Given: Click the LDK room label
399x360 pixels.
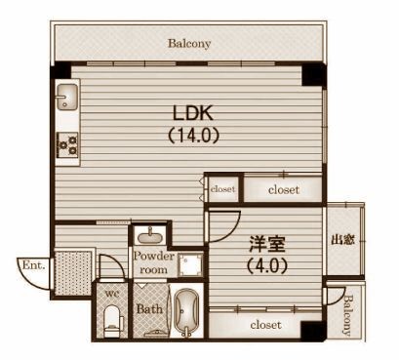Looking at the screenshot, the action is point(193,113).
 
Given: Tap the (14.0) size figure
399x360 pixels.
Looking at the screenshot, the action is point(193,135).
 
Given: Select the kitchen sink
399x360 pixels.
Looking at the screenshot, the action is point(67,97).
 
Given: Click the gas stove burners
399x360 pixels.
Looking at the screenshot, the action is point(67,145).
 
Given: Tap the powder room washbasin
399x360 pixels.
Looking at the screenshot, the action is point(150,236).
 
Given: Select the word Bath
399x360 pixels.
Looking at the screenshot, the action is point(149,309).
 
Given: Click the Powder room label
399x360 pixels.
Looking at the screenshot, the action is point(154,262).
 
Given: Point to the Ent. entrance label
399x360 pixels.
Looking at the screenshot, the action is point(33,265).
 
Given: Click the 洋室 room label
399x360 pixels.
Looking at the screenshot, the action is point(267,244).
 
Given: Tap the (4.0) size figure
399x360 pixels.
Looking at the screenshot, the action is point(267,265).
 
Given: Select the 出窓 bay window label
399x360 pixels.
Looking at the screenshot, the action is point(342,240).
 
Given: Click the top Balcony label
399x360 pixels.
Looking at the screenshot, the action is point(189,43).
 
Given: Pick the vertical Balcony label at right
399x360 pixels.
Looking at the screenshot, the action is point(347,315).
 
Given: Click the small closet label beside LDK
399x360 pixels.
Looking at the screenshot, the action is point(222,189).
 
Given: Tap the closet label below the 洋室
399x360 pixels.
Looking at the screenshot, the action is point(265,325).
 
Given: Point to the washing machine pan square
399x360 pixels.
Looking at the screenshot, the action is point(191,264).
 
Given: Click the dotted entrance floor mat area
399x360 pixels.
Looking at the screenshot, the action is point(73,273).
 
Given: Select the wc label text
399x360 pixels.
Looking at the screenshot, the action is point(112,294).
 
